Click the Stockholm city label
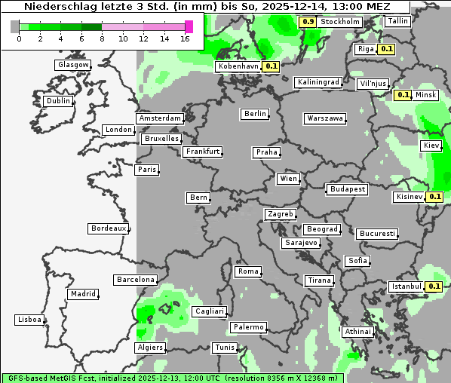[339, 22]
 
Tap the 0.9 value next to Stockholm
[308, 22]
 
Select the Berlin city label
[256, 114]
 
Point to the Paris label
[147, 170]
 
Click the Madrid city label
[82, 294]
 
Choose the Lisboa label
[29, 320]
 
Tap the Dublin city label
[57, 101]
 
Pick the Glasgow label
[73, 65]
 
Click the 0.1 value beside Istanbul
[434, 286]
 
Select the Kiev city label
[431, 145]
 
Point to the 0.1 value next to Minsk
[403, 95]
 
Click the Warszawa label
[325, 118]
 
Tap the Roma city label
[248, 271]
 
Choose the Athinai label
[357, 332]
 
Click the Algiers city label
[149, 348]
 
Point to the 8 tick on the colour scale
[102, 38]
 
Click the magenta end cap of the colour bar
[189, 26]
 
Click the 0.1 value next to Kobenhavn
[272, 66]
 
